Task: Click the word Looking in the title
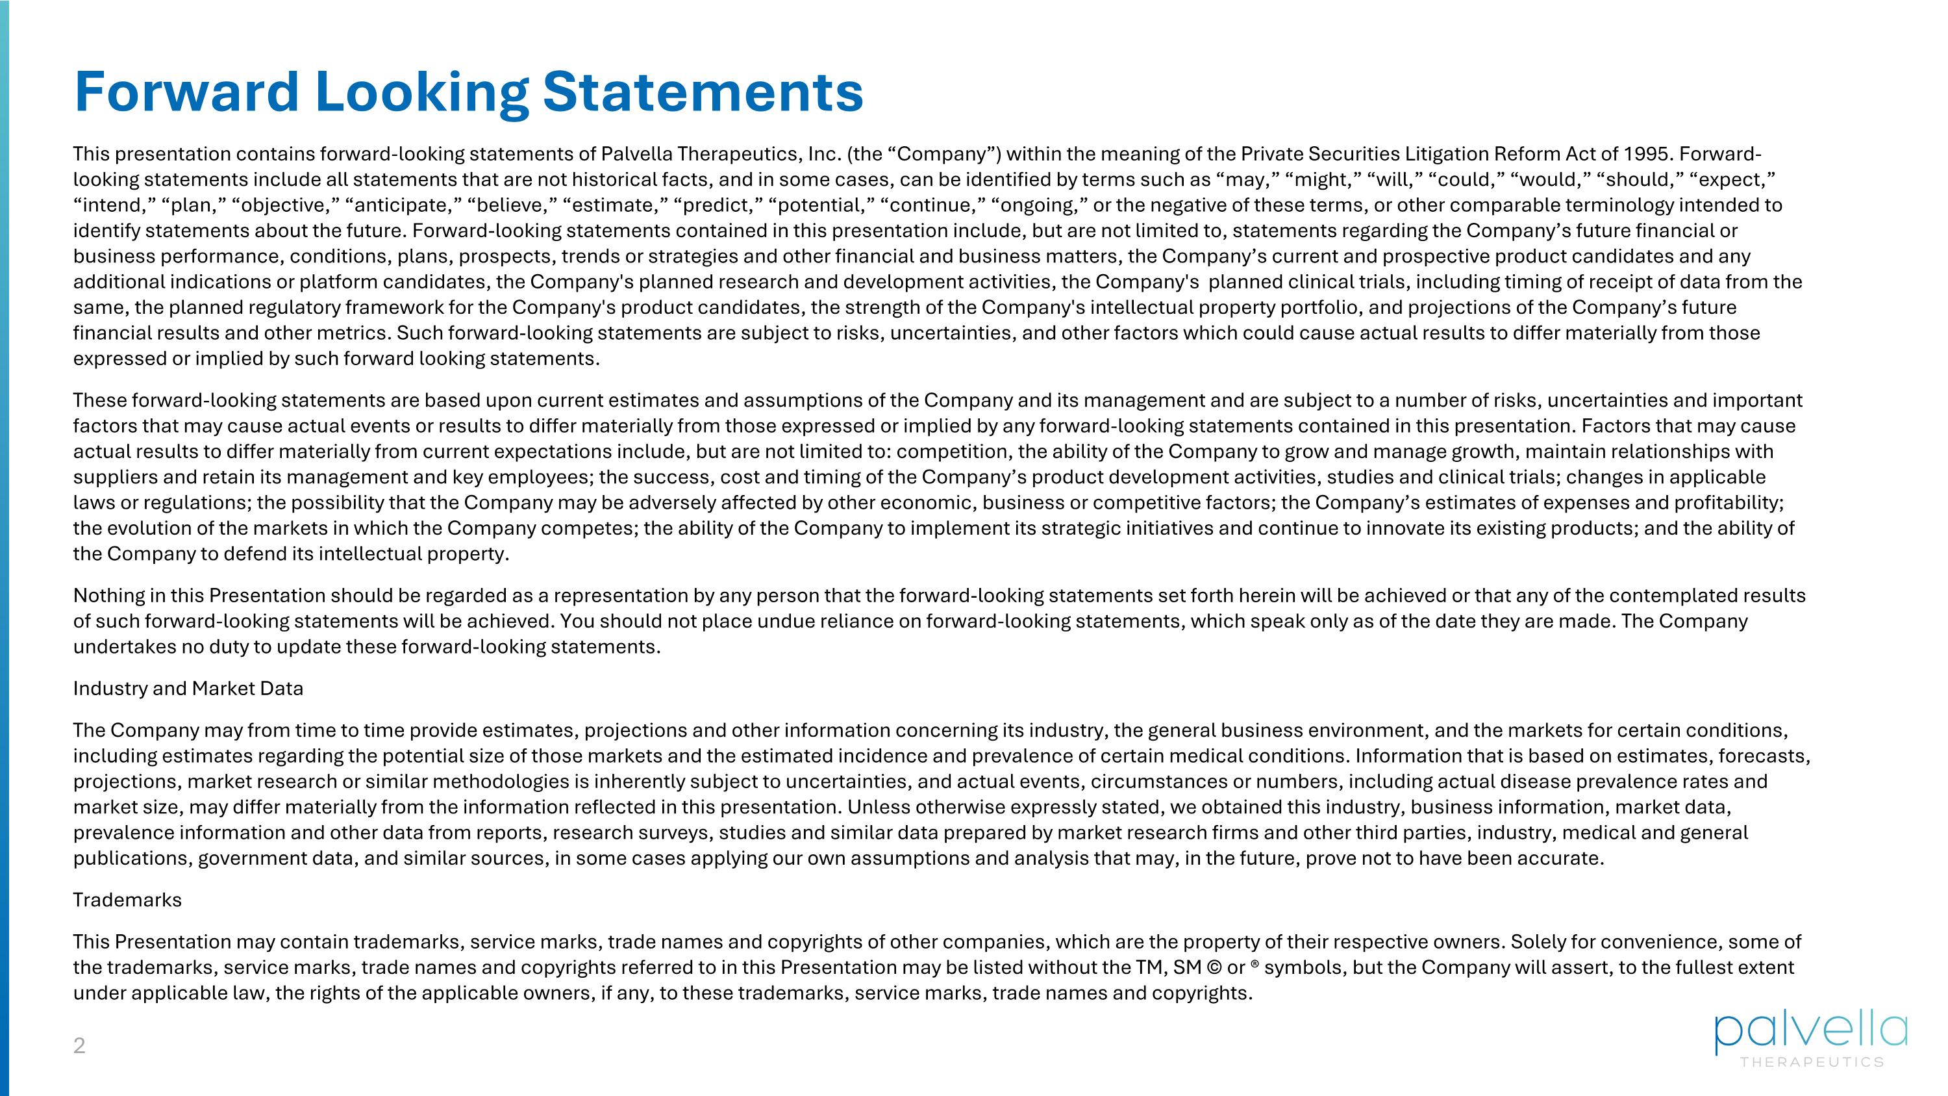pos(421,92)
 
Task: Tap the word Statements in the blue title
pos(703,92)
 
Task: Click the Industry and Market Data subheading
pos(188,688)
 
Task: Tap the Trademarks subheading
pos(127,900)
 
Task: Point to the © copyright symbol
pos(1214,968)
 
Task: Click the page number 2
pos(79,1046)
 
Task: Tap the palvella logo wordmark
pos(1810,1032)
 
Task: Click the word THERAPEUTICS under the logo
pos(1812,1063)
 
